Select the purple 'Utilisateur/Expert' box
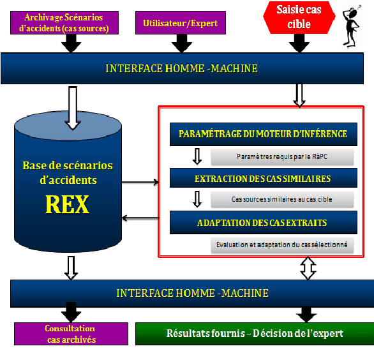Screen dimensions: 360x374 point(181,23)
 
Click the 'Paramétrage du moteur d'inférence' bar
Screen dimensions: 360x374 point(262,134)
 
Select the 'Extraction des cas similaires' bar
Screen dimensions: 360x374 point(262,178)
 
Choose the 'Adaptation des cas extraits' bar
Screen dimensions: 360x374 point(262,223)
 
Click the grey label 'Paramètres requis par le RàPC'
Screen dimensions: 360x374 point(282,156)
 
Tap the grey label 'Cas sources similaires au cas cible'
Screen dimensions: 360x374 point(282,200)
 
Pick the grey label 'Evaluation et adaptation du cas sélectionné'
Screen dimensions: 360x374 point(282,244)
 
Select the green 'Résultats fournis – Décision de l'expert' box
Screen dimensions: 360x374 point(255,333)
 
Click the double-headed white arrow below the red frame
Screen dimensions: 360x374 point(308,269)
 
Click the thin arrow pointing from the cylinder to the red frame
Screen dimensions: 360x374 point(140,183)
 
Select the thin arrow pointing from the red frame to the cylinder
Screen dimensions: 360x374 point(140,219)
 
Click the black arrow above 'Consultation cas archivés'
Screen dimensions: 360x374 point(71,314)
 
